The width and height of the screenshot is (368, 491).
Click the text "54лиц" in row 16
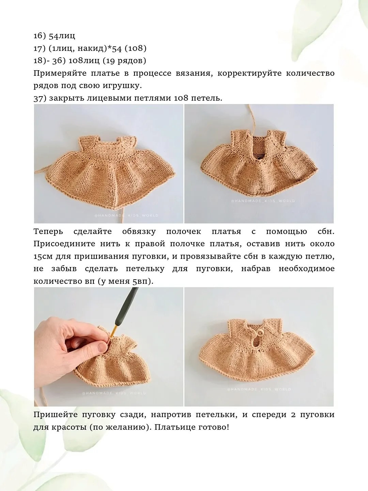click(x=62, y=36)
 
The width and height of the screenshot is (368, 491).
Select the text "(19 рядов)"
click(x=124, y=61)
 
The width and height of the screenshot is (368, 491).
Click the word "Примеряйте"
click(x=60, y=74)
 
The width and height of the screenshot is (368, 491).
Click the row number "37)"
click(x=40, y=99)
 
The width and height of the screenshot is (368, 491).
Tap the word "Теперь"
click(x=48, y=232)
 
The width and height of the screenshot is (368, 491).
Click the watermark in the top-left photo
click(x=126, y=215)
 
